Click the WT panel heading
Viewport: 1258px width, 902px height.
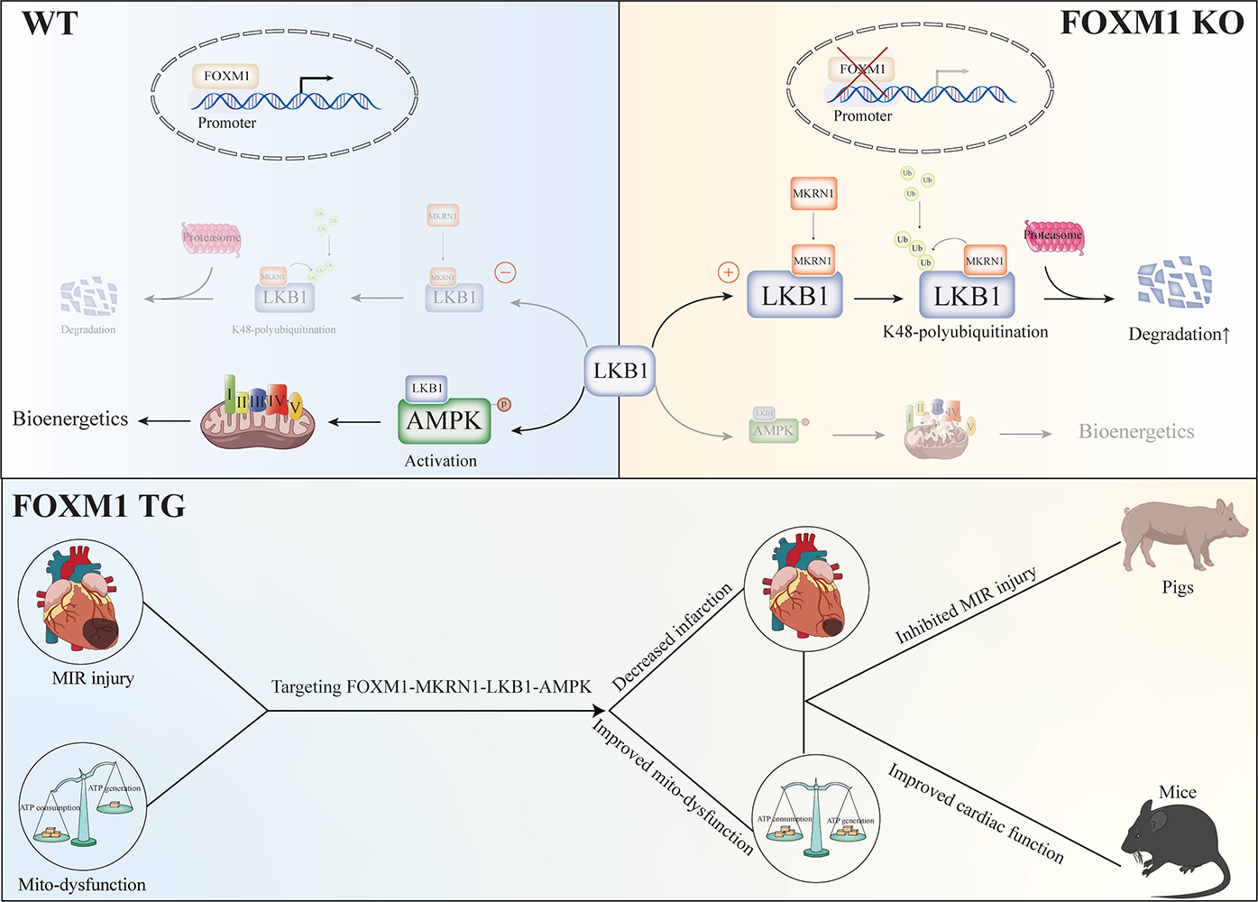point(50,23)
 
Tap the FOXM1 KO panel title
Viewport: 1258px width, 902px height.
point(1152,23)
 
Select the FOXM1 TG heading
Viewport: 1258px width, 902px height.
point(99,506)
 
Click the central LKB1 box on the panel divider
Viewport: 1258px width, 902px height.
point(620,371)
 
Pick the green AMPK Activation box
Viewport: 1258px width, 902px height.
point(445,420)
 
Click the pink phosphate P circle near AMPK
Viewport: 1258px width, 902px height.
point(504,405)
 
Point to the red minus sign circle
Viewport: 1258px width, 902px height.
point(505,272)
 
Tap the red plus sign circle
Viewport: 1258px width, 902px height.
point(728,272)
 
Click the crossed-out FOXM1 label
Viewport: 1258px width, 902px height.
point(862,69)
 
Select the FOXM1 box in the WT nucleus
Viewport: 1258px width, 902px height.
point(226,76)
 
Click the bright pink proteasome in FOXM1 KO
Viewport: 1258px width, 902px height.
point(1053,236)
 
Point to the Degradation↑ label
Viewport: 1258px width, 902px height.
point(1179,335)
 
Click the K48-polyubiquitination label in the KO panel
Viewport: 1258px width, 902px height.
point(965,332)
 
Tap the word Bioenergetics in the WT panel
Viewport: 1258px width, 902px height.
point(70,419)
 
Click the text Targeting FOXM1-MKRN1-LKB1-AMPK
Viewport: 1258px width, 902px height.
point(431,687)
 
